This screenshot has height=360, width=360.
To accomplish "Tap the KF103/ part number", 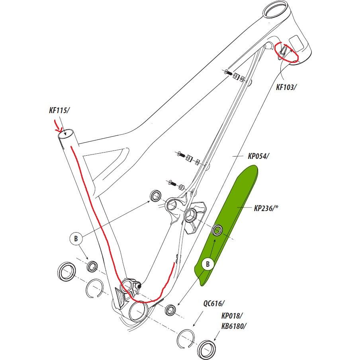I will coord(286,87).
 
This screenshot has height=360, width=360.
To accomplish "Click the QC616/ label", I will coord(214,303).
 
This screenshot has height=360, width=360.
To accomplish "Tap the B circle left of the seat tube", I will coord(75,239).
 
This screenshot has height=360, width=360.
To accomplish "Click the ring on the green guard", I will coord(217,230).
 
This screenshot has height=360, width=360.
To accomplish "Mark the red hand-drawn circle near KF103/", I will coord(288,52).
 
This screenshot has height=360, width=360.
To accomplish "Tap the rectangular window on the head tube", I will coord(297,42).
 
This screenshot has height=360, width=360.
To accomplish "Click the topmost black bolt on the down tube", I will coord(227,72).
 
